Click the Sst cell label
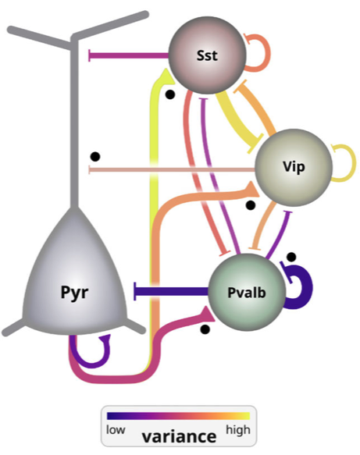point(207,55)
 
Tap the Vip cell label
point(294,167)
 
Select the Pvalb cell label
point(247,293)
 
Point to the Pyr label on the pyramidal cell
point(74,292)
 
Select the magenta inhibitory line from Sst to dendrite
point(129,55)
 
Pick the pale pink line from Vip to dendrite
point(171,169)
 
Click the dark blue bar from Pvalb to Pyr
point(171,291)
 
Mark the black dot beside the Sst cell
point(169,94)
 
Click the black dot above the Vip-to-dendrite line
point(95,156)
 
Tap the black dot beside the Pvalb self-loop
point(291,257)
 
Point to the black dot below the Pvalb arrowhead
point(205,329)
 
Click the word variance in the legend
point(179,436)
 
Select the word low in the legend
point(116,430)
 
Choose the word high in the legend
point(238,430)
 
